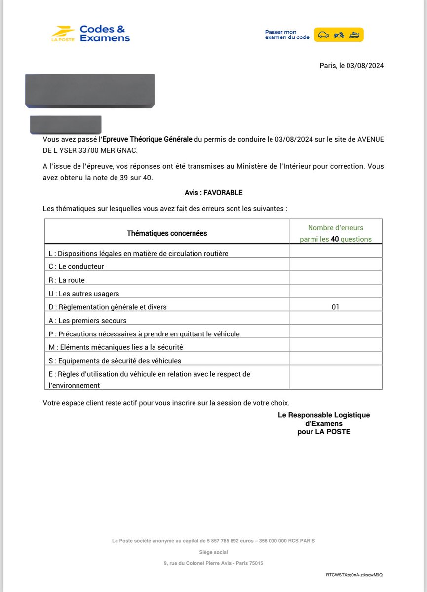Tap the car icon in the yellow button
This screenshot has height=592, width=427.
(323, 35)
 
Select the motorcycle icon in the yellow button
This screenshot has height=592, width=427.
(339, 35)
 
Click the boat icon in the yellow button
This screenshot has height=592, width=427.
(354, 35)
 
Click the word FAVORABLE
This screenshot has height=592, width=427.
(223, 193)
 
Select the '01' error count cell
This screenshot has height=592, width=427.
(336, 307)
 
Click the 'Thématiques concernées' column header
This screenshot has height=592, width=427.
(167, 233)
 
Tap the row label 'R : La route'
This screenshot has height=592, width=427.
(67, 280)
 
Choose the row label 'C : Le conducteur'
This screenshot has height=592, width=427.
(76, 267)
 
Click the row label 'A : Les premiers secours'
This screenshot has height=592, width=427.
(87, 321)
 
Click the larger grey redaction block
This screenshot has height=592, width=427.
(90, 91)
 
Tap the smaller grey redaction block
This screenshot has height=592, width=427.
(66, 125)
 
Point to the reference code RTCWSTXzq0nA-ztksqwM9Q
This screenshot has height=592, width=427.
(354, 575)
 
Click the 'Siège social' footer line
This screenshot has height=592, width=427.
(213, 552)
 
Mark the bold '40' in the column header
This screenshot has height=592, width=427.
(335, 239)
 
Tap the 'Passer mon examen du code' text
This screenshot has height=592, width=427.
(287, 35)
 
